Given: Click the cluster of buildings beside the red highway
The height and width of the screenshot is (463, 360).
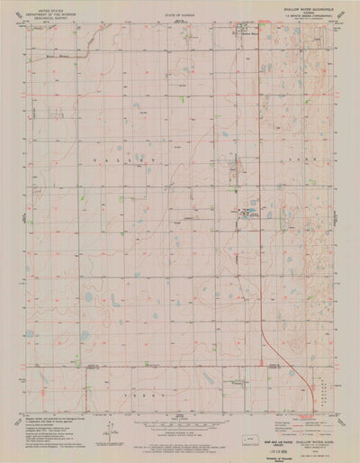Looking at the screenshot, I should (247, 213).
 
